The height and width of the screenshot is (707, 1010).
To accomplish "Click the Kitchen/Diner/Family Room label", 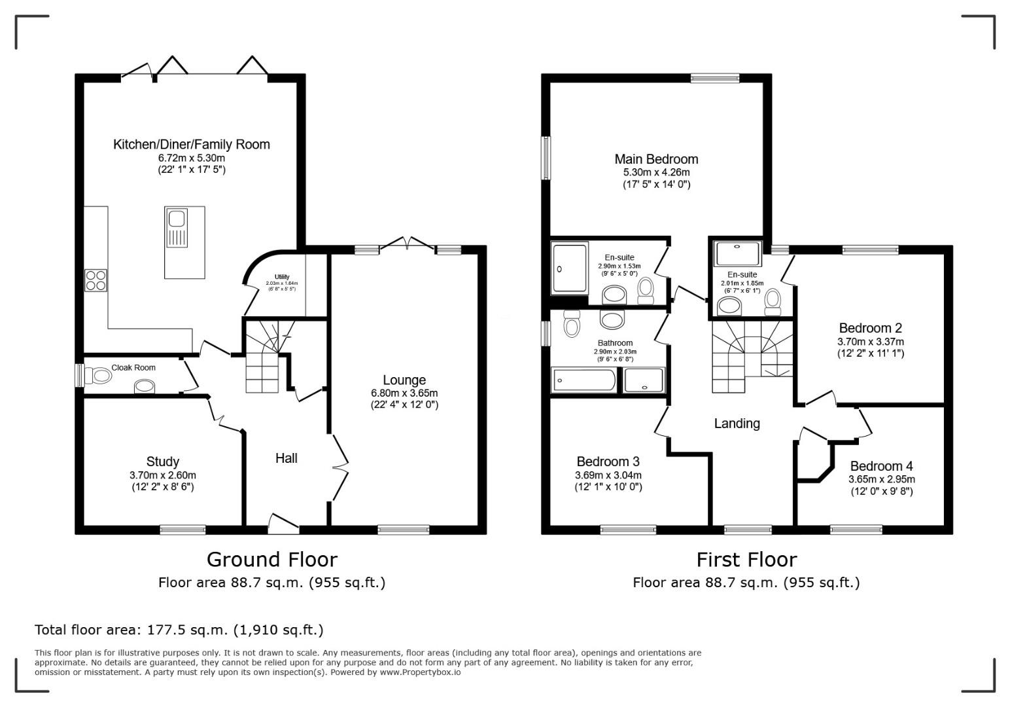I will [191, 144].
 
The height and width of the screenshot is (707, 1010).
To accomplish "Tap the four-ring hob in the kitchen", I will [96, 280].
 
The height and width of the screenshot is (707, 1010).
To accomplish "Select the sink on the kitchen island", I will [177, 227].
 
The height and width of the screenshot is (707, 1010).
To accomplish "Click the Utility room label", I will [281, 277].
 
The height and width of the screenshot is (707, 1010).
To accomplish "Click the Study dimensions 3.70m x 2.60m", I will [162, 475].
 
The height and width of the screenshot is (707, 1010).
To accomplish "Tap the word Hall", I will [286, 458].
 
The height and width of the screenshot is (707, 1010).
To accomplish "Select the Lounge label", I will [404, 380].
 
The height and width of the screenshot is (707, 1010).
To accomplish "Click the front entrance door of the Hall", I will [284, 521].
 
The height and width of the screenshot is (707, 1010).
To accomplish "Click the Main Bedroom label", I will [656, 159].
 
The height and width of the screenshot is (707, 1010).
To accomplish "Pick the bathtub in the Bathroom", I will [584, 380].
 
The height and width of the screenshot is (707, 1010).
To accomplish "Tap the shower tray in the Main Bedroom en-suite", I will [570, 268].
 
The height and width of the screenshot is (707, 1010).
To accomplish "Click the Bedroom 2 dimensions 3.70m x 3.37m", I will [870, 342].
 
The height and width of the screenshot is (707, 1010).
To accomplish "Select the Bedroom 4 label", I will [881, 466].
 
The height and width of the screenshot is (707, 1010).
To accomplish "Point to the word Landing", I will [737, 424].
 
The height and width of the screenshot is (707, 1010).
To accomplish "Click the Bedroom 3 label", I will [608, 462].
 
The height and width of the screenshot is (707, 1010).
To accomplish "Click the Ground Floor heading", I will [271, 560].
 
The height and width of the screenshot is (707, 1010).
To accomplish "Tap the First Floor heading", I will [746, 560].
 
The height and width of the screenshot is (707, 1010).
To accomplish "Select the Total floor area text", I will [179, 630].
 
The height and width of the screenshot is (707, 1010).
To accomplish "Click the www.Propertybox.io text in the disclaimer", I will [420, 672].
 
